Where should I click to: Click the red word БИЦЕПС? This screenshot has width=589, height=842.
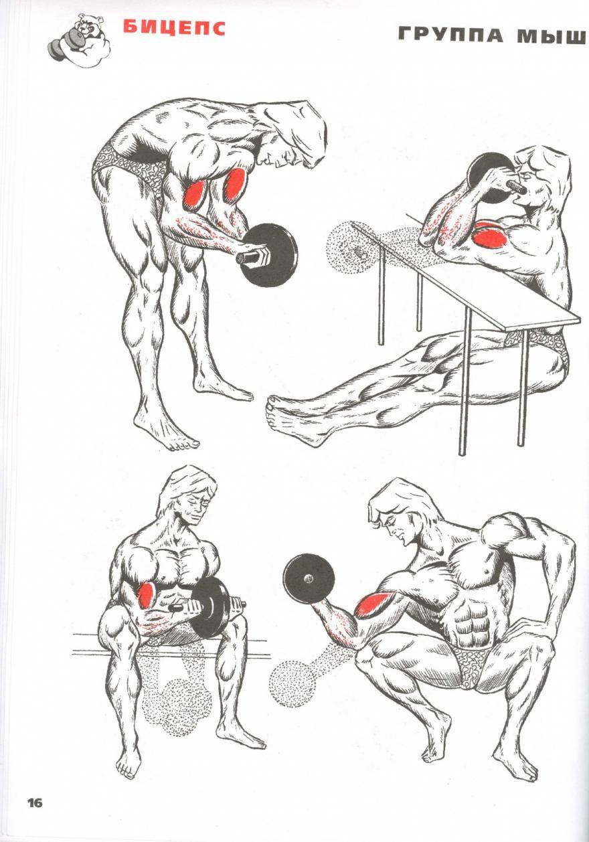pyautogui.click(x=174, y=28)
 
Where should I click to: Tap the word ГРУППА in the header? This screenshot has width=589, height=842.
pyautogui.click(x=450, y=35)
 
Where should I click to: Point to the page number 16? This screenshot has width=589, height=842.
pyautogui.click(x=35, y=803)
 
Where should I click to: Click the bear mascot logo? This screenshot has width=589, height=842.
pyautogui.click(x=80, y=41)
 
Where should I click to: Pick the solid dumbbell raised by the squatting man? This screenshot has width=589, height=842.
pyautogui.click(x=309, y=579)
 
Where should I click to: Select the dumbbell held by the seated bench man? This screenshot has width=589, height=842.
pyautogui.click(x=208, y=608)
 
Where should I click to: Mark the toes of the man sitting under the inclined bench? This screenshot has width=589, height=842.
pyautogui.click(x=271, y=408)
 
